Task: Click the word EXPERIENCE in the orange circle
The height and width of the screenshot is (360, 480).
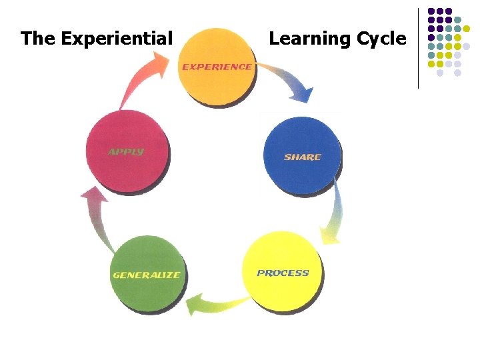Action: coord(217,67)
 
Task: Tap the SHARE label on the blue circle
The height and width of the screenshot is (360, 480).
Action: coord(302,157)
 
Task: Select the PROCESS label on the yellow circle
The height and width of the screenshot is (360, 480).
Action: coord(283,273)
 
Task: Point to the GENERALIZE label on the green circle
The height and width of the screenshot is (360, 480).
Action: coord(146,275)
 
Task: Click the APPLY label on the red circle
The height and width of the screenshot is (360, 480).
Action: coord(126,152)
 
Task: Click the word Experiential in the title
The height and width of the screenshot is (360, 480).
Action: coord(117,39)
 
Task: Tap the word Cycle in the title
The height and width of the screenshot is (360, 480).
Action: coord(381,39)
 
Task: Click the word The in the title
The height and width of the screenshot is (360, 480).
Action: coord(38,39)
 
